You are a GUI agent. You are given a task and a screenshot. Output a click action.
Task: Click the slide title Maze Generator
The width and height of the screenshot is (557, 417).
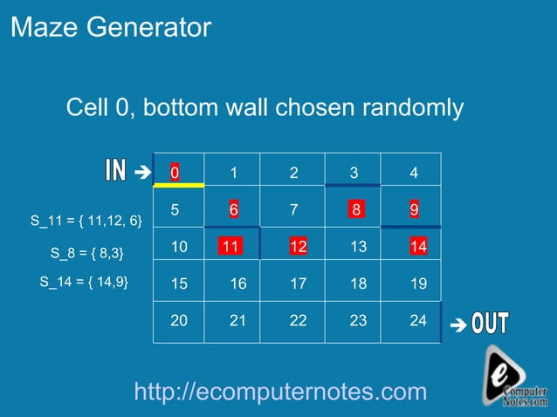pos(111,28)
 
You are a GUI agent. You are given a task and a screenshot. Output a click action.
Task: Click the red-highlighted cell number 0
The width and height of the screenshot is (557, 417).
pos(175,173)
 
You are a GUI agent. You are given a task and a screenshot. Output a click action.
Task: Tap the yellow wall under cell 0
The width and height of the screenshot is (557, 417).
pos(178,186)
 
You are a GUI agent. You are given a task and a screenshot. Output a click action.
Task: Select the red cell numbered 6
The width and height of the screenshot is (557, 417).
pos(234,209)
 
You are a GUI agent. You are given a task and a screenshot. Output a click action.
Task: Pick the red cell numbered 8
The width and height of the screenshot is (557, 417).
pos(355,209)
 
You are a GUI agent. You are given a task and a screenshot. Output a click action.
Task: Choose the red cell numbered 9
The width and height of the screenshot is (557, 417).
pos(414,209)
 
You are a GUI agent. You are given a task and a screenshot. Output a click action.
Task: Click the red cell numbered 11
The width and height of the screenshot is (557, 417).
pos(231,247)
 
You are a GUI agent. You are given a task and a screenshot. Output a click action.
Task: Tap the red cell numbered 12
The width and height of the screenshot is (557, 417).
pos(298,247)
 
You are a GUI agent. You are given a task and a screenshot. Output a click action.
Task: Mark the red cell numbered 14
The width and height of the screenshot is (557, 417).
pos(418,247)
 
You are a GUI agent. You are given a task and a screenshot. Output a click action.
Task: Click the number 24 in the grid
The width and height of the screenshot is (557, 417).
pos(418,321)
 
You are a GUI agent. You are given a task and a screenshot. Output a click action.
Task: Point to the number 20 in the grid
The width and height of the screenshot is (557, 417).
pos(178,321)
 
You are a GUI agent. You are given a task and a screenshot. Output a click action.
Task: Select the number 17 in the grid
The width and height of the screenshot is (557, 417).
pos(298,284)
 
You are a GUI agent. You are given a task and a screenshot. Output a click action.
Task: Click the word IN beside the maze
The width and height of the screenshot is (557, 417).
pos(116,171)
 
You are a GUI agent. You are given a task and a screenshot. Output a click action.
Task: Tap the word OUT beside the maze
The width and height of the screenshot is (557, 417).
pos(490,324)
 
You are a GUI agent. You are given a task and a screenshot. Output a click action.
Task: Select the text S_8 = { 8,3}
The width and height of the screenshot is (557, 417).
pos(87,254)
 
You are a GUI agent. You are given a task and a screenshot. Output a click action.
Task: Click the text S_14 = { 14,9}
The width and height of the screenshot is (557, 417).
pos(84,281)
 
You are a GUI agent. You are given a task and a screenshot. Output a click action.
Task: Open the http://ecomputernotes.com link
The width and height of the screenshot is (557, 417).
pos(280,393)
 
